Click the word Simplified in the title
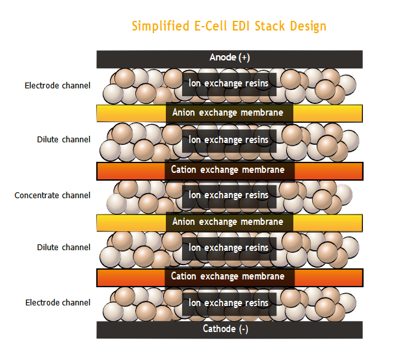click(x=161, y=26)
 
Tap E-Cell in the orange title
click(x=211, y=26)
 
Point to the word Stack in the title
click(x=270, y=26)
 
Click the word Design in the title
click(x=308, y=27)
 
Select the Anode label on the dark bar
click(x=223, y=57)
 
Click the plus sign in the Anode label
click(x=244, y=58)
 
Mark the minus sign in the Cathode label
click(x=244, y=329)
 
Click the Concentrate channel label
click(x=53, y=195)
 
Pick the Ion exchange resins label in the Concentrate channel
click(x=228, y=195)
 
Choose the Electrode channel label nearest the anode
click(x=57, y=86)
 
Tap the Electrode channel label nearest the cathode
click(x=58, y=303)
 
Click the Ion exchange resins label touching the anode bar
click(x=228, y=83)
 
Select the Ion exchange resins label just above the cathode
click(x=228, y=303)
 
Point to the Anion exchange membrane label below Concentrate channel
click(x=228, y=222)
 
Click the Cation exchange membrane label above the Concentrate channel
click(x=228, y=170)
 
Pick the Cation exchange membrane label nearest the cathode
click(x=228, y=276)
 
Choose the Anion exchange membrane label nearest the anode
click(x=228, y=112)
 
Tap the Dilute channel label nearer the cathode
click(x=64, y=248)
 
